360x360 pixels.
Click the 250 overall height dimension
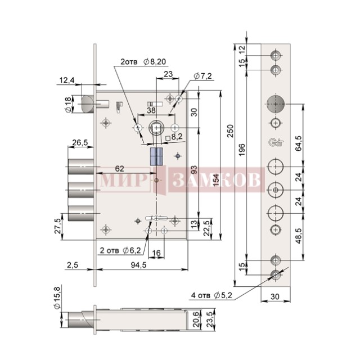[x=230, y=131]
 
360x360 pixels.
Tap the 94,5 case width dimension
[x=138, y=265]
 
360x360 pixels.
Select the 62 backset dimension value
[x=119, y=169]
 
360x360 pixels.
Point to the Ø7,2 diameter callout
[x=202, y=76]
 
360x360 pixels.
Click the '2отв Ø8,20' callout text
[x=143, y=62]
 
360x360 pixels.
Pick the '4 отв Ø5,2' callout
[x=211, y=295]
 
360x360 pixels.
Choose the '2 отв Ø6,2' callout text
[x=120, y=250]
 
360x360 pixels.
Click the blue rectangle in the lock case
[x=156, y=156]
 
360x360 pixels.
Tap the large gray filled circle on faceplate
[x=276, y=104]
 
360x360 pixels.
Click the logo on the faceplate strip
[x=276, y=142]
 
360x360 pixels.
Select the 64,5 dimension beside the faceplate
[x=299, y=143]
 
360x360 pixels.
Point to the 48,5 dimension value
[x=299, y=236]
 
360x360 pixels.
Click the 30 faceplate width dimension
[x=275, y=296]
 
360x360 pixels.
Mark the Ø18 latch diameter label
[x=68, y=105]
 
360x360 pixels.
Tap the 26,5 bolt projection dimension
[x=80, y=142]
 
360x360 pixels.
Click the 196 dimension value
[x=242, y=150]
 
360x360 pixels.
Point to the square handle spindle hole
[x=156, y=128]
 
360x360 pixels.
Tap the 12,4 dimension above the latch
[x=67, y=80]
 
